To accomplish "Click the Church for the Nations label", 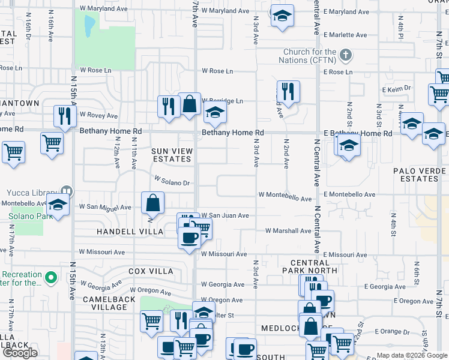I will [310, 56].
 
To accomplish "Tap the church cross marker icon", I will [345, 56].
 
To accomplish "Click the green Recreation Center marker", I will [52, 278].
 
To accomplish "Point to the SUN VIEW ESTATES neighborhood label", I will [172, 155].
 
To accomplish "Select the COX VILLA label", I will [150, 271].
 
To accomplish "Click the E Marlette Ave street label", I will [345, 35].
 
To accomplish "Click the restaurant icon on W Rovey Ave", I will [63, 115].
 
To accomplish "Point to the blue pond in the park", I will [90, 25].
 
